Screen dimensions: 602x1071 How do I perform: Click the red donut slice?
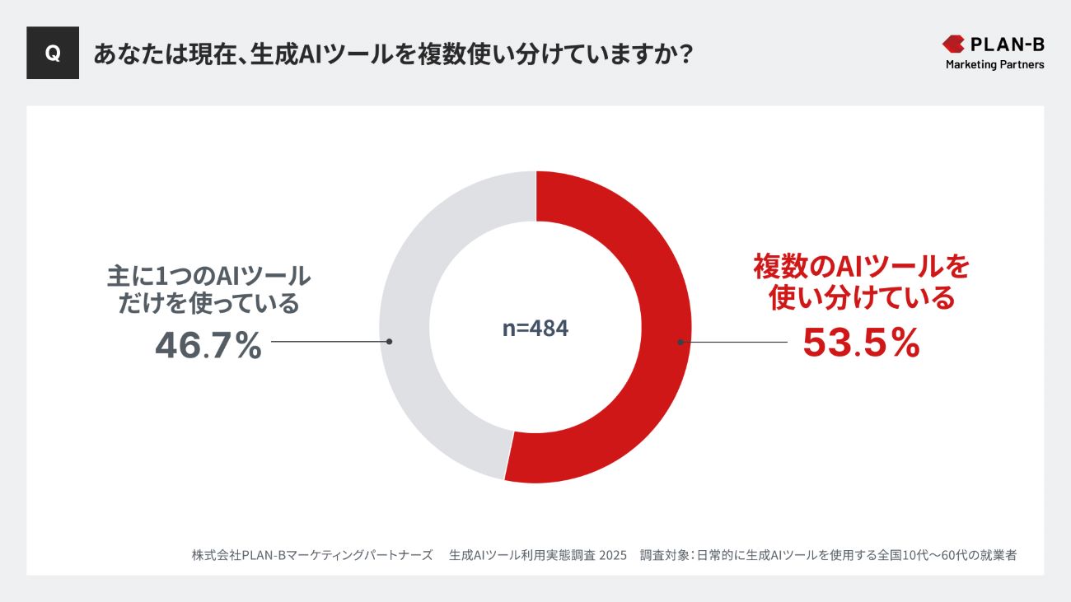pyautogui.click(x=651, y=272)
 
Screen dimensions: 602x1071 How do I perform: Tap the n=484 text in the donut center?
pyautogui.click(x=535, y=328)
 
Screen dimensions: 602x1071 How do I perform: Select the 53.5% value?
pyautogui.click(x=861, y=343)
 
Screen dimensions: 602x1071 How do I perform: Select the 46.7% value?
pyautogui.click(x=208, y=346)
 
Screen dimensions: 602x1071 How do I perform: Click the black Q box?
pyautogui.click(x=53, y=53)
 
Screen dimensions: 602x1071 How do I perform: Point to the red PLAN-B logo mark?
pyautogui.click(x=953, y=44)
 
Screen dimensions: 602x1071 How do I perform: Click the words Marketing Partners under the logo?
pyautogui.click(x=994, y=64)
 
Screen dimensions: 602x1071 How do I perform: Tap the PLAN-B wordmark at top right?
pyautogui.click(x=1007, y=44)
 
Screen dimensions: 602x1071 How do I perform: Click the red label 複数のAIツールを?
pyautogui.click(x=861, y=267)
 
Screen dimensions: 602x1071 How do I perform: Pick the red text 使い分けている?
pyautogui.click(x=861, y=297)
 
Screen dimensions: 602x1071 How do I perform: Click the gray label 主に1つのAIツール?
pyautogui.click(x=208, y=274)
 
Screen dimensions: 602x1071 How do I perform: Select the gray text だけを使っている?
pyautogui.click(x=208, y=304)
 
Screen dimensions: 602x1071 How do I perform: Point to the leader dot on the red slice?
pyautogui.click(x=680, y=342)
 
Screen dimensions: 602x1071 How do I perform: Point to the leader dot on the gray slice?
pyautogui.click(x=389, y=341)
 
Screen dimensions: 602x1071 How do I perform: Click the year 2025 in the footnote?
pyautogui.click(x=614, y=555)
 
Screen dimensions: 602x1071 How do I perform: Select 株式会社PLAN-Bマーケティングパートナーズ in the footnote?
pyautogui.click(x=312, y=555)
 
